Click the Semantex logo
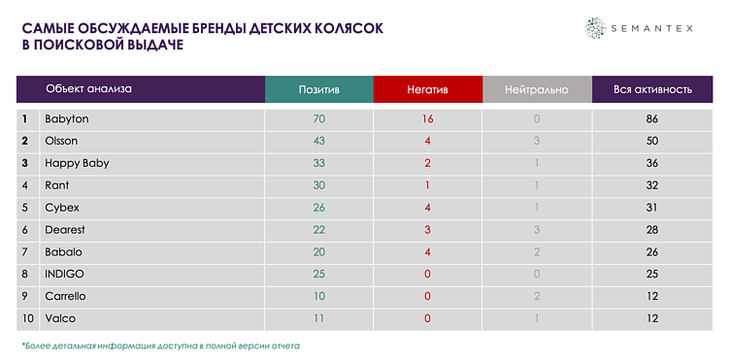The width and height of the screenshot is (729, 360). coord(638,29)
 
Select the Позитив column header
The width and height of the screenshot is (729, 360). coord(318,89)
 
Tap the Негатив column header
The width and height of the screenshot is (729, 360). coord(427,89)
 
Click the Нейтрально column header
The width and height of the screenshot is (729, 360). coord(536,89)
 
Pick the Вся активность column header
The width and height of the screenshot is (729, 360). coord(652,89)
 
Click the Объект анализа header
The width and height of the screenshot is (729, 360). coord(88,88)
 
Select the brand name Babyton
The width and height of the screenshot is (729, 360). coord(66,118)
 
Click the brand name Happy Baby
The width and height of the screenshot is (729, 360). coord(77,163)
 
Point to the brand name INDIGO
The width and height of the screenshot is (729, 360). coord(64,274)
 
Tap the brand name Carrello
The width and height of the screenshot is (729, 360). coord(65,296)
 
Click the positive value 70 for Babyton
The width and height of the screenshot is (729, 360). coord(318,118)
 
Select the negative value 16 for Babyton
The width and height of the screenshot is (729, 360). coord(427,118)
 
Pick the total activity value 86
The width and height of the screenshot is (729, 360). coord(652,118)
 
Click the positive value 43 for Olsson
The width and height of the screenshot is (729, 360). coord(318,141)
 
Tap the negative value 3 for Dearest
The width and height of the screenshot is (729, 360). coord(427,229)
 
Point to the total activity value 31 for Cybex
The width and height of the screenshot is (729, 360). coord(652,208)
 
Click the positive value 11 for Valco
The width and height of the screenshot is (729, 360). coord(318,318)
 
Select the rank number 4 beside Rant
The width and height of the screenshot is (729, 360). coord(24,185)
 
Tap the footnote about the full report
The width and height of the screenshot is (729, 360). coord(160,345)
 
